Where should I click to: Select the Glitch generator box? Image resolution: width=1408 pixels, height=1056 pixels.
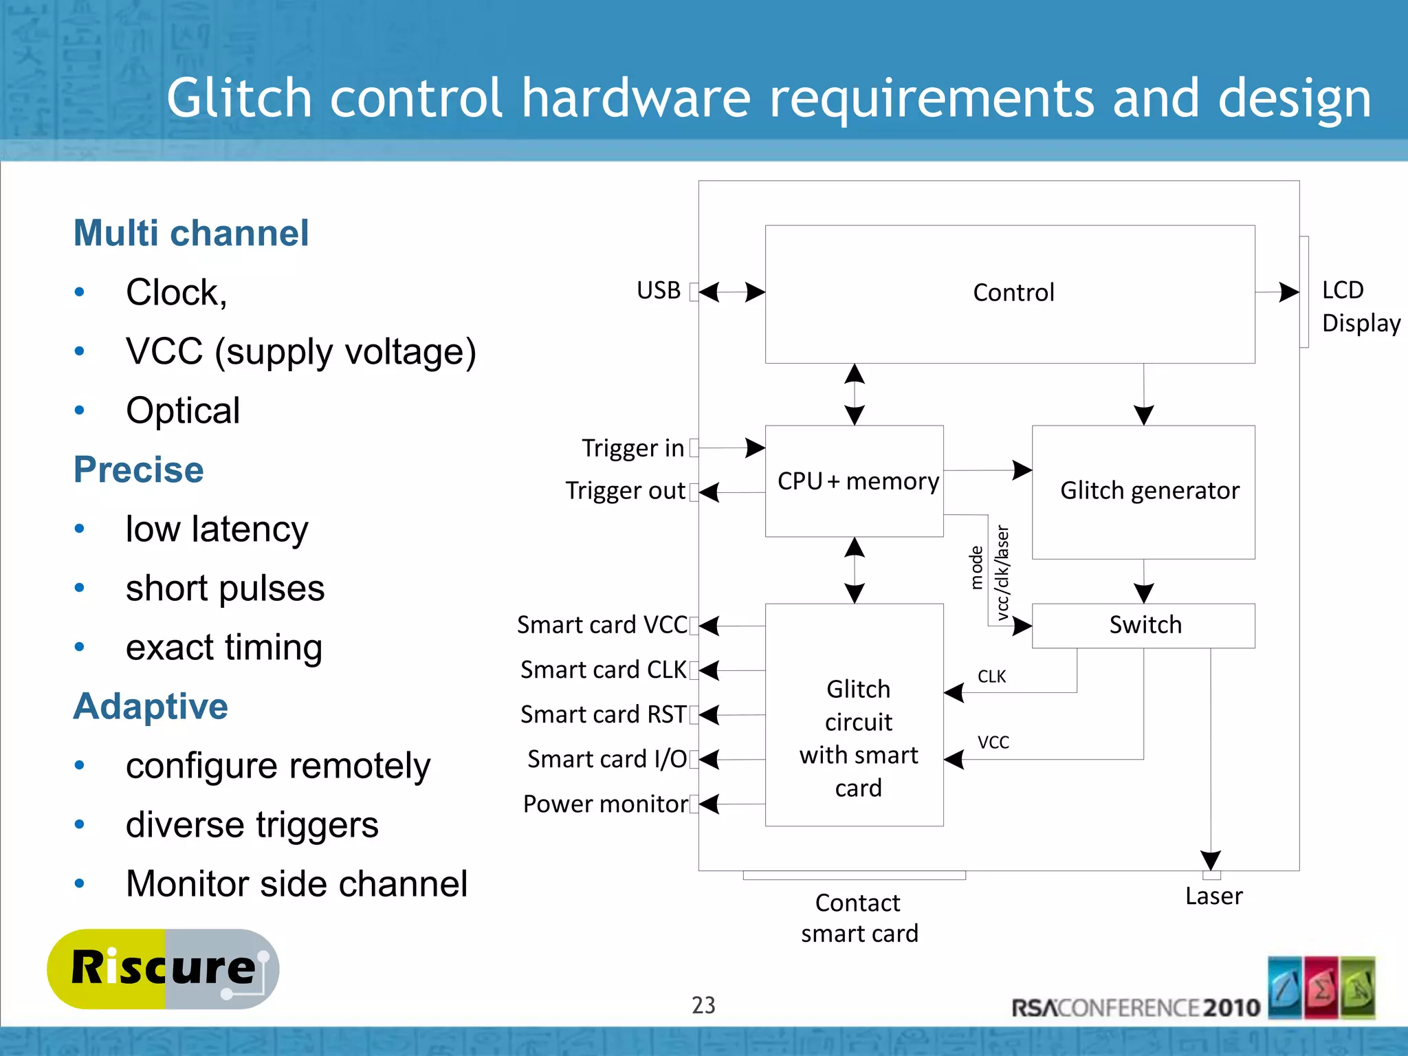point(1143,491)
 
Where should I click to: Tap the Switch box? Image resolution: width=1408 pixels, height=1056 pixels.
point(1143,625)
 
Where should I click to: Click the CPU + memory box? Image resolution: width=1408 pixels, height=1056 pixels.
point(854,481)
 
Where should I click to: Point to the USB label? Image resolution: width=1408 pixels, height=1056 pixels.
point(658,290)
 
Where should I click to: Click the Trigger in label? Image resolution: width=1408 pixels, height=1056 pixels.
point(632,448)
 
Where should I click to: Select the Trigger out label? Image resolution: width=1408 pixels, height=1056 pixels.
point(625,491)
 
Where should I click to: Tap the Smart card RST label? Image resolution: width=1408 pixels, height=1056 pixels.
point(603,714)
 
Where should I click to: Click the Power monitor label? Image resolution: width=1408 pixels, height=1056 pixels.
point(604,804)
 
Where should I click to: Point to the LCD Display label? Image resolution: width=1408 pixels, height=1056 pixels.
point(1359,307)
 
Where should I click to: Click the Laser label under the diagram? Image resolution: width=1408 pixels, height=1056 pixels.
point(1213,896)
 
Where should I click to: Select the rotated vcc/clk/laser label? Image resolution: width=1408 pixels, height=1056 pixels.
point(1002,573)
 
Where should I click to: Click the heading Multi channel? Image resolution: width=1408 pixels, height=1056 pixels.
point(191,233)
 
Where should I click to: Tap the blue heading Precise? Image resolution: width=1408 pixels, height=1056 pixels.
point(139,470)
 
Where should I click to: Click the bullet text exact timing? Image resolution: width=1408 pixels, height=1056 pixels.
point(224,647)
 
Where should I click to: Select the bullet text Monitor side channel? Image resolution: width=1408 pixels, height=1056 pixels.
point(296,883)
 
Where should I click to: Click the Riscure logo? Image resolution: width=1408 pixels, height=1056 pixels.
point(163,969)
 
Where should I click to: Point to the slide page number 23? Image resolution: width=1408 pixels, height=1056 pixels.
point(703,1005)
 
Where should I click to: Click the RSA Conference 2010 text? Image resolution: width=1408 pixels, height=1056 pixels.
point(1135,1008)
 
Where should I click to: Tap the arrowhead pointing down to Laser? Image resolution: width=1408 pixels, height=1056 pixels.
point(1210,860)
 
